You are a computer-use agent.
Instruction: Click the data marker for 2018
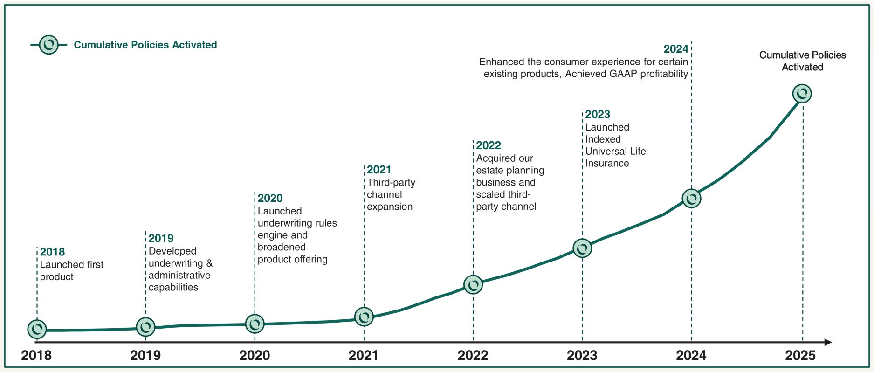click(x=37, y=329)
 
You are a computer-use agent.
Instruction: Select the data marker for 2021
click(x=364, y=317)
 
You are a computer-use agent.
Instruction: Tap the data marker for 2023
click(x=582, y=248)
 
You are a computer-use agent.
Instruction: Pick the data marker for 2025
click(x=802, y=94)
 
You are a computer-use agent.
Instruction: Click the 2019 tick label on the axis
click(x=145, y=356)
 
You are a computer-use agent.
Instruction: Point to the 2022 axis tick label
click(x=473, y=356)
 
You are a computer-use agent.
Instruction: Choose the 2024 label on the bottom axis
click(x=691, y=356)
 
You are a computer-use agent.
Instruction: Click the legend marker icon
click(x=49, y=45)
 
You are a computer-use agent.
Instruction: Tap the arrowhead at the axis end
click(x=828, y=343)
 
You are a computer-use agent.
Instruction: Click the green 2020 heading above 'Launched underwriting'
click(x=270, y=198)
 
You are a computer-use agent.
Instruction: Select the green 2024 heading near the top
click(x=675, y=49)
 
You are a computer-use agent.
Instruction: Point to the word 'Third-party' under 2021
click(x=391, y=183)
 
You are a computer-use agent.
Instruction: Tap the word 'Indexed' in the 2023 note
click(x=603, y=139)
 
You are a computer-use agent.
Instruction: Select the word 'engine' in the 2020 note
click(x=273, y=235)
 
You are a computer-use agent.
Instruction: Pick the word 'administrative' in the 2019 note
click(x=179, y=276)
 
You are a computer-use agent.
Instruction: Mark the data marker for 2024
click(x=691, y=199)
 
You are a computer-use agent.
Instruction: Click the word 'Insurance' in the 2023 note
click(x=607, y=164)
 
